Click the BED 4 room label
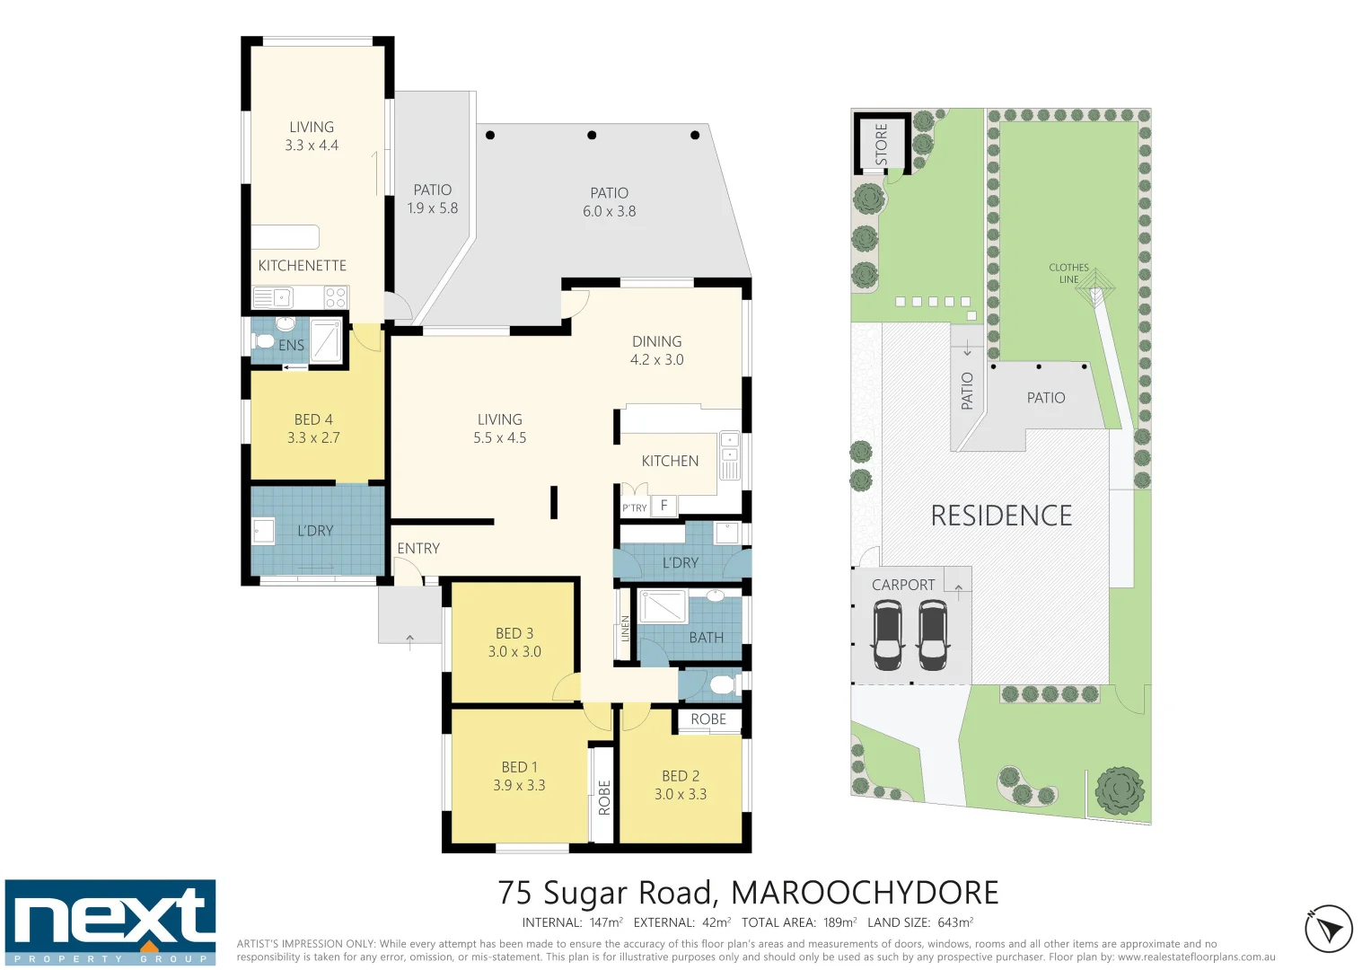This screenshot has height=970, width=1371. (313, 419)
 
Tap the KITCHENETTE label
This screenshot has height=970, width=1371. (302, 266)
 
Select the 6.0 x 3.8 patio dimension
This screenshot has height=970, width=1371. (609, 212)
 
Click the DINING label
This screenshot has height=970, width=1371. (656, 341)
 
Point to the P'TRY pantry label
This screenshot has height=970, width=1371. (634, 508)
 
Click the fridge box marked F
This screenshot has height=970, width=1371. (664, 506)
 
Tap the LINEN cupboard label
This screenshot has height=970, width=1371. (625, 628)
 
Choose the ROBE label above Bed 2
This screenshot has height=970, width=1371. (707, 719)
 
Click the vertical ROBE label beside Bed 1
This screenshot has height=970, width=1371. (604, 797)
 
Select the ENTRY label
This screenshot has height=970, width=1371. (418, 549)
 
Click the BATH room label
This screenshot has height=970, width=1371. (706, 638)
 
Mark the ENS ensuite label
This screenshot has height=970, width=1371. (291, 346)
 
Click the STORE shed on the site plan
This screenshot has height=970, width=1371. (881, 144)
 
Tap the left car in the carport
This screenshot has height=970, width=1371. (887, 635)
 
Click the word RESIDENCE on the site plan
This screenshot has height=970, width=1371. (1001, 516)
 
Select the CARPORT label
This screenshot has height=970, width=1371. (902, 585)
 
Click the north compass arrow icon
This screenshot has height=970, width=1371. (1328, 929)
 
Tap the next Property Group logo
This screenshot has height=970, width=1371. (110, 922)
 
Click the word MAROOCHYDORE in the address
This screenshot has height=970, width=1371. (864, 893)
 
